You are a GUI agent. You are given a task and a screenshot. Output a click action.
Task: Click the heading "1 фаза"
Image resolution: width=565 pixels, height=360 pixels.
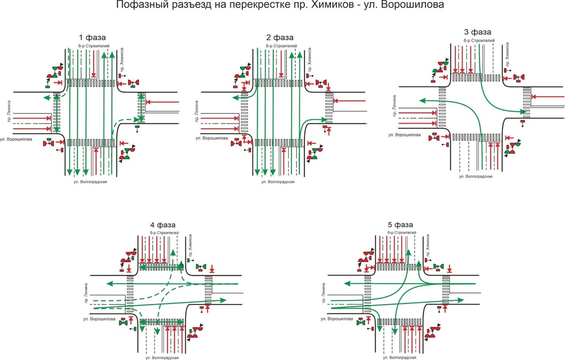[92, 37]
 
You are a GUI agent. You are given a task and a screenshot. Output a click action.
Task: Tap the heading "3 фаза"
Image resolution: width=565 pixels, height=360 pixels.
[477, 32]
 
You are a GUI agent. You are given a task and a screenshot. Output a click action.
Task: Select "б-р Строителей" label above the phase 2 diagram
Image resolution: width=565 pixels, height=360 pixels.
[281, 46]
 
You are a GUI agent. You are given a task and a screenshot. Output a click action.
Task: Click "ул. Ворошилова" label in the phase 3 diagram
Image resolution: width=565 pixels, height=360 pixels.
[404, 135]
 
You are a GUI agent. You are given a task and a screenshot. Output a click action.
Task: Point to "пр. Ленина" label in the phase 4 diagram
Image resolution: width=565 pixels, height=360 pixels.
[88, 294]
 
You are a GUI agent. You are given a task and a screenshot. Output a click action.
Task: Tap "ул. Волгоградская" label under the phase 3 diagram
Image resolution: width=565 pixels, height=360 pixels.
[476, 176]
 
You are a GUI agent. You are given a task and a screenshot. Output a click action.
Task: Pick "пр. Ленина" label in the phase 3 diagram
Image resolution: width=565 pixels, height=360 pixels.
[394, 106]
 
